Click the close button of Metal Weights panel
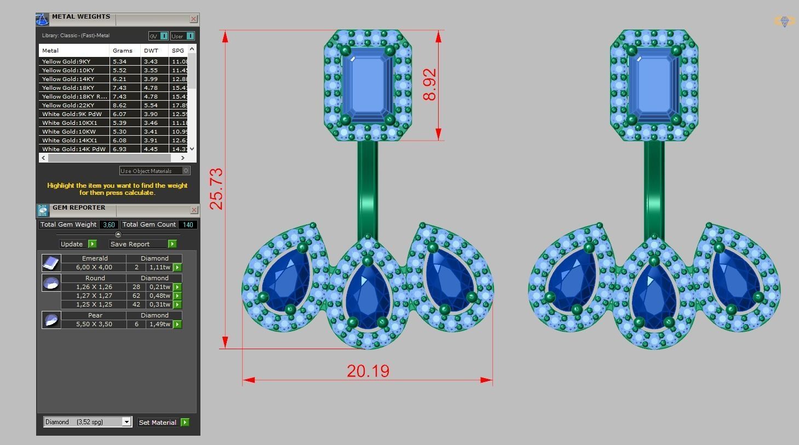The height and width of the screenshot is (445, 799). pyautogui.click(x=193, y=19)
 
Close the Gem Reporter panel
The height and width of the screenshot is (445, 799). pyautogui.click(x=194, y=210)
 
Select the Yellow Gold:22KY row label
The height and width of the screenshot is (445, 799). pyautogui.click(x=68, y=105)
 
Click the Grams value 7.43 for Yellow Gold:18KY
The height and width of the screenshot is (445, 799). pyautogui.click(x=119, y=88)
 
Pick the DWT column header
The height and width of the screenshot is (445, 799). pyautogui.click(x=151, y=50)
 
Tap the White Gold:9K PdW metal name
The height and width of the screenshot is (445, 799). pyautogui.click(x=72, y=114)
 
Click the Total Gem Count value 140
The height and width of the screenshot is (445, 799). pyautogui.click(x=188, y=224)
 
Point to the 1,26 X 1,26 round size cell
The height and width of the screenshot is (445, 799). pyautogui.click(x=94, y=287)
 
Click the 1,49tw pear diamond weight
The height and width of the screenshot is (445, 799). pyautogui.click(x=160, y=324)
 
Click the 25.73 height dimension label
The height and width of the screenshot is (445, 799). pyautogui.click(x=216, y=189)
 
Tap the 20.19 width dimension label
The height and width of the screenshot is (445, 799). pyautogui.click(x=368, y=371)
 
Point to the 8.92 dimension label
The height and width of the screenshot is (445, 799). pyautogui.click(x=430, y=84)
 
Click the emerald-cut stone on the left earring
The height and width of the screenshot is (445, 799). pyautogui.click(x=367, y=84)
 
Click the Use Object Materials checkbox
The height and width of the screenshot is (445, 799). pyautogui.click(x=186, y=171)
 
